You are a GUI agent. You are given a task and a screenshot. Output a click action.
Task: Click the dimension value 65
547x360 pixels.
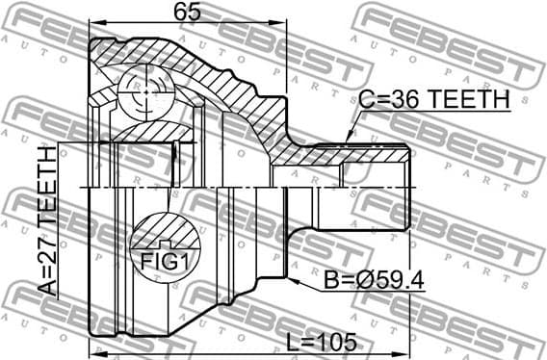pos(189,13)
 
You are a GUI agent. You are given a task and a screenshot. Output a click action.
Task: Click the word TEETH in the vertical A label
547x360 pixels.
pos(46,197)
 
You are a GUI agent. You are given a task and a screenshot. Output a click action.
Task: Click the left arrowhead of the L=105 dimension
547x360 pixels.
pos(94,351)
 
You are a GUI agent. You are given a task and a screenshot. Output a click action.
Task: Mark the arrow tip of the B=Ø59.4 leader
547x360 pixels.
pos(287,273)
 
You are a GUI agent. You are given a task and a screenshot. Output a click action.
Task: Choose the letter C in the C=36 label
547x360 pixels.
pos(364,99)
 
